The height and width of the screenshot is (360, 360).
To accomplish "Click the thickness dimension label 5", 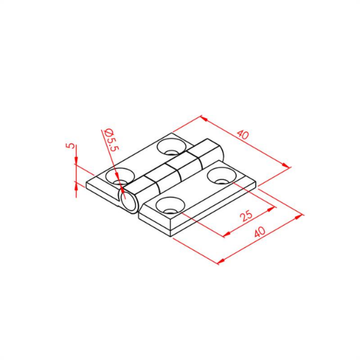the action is tap(71, 146).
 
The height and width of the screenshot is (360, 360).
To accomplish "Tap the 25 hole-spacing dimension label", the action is tap(247, 215).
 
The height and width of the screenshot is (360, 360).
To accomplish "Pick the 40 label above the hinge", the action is tap(243, 135).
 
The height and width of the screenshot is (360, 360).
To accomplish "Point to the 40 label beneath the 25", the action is tap(260, 232).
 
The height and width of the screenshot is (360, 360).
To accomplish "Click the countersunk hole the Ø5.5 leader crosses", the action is tap(120, 176).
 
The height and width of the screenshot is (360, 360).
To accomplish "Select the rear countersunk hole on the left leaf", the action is tap(172, 147).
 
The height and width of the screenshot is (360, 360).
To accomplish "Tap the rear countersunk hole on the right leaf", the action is tap(221, 176).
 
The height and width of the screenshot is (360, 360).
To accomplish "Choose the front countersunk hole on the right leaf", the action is tap(170, 205).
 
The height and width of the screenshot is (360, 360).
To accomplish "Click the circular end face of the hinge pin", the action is tap(129, 202).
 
